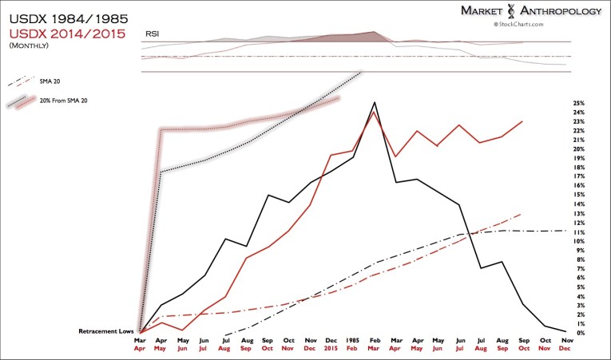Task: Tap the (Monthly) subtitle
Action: click(30, 46)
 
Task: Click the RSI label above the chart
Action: click(151, 34)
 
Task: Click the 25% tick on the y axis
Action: click(579, 103)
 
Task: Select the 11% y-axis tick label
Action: click(579, 231)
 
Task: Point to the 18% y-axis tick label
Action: click(579, 167)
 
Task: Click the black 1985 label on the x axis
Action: click(351, 338)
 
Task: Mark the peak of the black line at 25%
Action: click(374, 102)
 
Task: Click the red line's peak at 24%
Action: click(374, 112)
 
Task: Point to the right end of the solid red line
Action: click(522, 121)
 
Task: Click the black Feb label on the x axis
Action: click(373, 338)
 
